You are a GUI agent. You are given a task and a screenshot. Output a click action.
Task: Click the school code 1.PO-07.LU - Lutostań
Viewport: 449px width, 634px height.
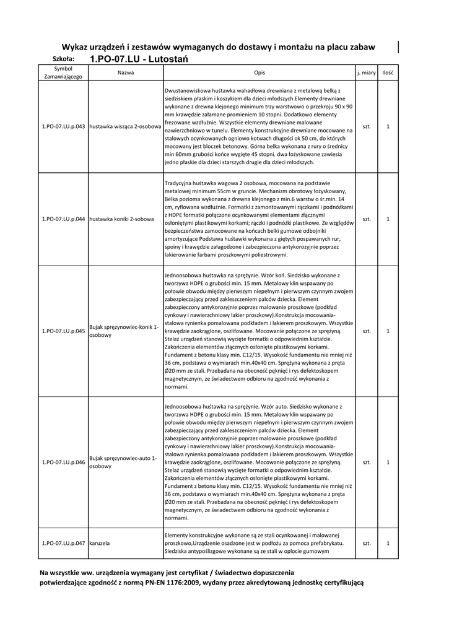[x=138, y=59]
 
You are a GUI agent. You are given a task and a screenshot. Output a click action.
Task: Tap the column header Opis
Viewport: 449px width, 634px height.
[x=259, y=73]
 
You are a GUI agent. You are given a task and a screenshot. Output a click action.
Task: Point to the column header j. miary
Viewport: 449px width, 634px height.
[x=367, y=73]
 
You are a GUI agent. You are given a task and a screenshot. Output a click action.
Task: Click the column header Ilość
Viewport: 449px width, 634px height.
[x=388, y=73]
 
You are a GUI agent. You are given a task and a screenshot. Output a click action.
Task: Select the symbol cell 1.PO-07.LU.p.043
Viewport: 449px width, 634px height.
[x=63, y=126]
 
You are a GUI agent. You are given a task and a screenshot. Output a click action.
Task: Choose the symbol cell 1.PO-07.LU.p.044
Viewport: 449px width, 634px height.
[x=63, y=219]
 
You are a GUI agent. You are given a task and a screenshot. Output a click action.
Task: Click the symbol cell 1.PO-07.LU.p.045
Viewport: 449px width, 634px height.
[x=63, y=331]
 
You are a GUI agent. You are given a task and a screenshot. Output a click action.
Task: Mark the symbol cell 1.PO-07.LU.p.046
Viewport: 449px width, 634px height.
[x=63, y=462]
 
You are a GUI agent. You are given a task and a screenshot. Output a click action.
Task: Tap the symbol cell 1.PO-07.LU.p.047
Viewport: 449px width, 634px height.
[x=63, y=543]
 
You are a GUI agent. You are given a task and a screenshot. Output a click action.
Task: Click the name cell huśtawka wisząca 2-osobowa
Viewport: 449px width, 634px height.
[x=125, y=126]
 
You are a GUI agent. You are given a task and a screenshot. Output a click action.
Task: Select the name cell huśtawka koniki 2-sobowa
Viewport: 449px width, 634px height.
[x=121, y=219]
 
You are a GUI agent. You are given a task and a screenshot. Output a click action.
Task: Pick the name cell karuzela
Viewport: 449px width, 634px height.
[x=100, y=543]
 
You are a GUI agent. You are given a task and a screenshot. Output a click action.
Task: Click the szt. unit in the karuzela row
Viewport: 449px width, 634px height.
[x=367, y=543]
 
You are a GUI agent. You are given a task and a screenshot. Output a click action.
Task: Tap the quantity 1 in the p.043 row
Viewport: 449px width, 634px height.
[x=388, y=126]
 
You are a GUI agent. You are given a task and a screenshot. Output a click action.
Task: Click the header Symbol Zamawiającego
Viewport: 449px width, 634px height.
[x=63, y=73]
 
